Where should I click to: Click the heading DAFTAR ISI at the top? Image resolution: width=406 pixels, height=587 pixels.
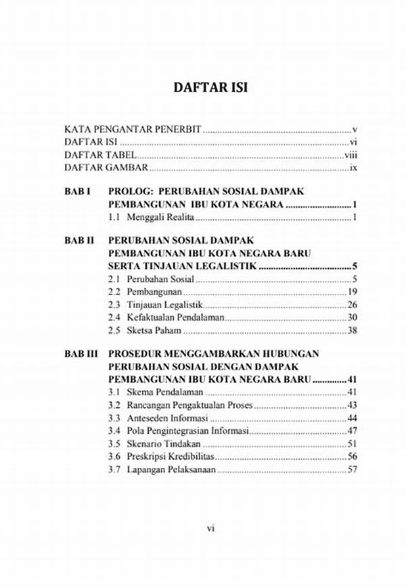tap(203, 88)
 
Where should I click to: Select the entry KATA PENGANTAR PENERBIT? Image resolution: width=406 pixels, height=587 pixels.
tap(133, 129)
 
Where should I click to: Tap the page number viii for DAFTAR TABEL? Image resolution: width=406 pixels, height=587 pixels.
tap(351, 154)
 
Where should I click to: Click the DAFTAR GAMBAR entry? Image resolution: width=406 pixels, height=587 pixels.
tap(106, 167)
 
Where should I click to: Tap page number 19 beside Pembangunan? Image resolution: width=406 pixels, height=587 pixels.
tap(352, 292)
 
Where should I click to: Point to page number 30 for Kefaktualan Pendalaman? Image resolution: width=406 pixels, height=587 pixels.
tap(352, 318)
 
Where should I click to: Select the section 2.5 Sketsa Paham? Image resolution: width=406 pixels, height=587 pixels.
tap(145, 330)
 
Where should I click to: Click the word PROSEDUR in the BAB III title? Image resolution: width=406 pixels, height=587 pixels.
tap(135, 353)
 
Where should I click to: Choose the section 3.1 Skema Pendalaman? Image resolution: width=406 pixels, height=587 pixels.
tap(155, 392)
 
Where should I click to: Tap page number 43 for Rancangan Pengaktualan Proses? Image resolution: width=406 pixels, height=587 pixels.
tap(352, 405)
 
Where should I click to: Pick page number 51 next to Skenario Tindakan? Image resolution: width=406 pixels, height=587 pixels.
tap(352, 443)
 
